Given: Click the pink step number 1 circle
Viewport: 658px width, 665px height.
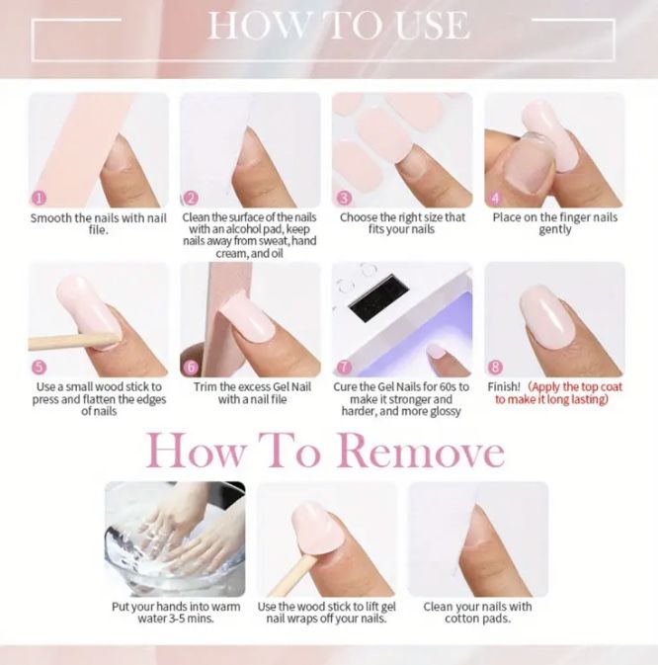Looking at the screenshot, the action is [39, 198].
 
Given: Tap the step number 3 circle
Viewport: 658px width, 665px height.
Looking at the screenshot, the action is [344, 198].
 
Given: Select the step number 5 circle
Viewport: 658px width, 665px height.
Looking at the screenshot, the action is [39, 368].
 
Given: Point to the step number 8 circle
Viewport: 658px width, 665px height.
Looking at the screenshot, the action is [496, 368].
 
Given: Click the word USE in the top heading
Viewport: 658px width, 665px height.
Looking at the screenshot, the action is [433, 26].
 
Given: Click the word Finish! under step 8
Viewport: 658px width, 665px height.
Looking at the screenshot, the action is [504, 386].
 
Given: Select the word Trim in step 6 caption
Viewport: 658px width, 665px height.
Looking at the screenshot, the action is [206, 386].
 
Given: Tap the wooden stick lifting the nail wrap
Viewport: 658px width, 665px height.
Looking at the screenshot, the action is [293, 576].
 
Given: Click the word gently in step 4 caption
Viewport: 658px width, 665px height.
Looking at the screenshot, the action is [555, 229].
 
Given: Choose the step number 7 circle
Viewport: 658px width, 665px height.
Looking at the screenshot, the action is [344, 368].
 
